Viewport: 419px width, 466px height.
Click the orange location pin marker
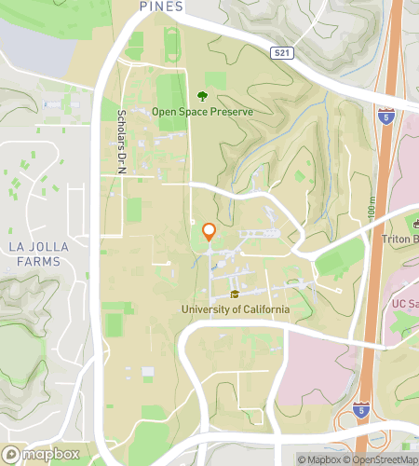[x=209, y=233]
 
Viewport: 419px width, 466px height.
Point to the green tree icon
[x=202, y=95]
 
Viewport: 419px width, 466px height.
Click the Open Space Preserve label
[x=202, y=112]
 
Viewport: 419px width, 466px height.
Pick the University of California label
[x=236, y=309]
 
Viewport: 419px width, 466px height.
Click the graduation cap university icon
[x=236, y=295]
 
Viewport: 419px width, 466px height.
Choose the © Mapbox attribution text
[x=319, y=459]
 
